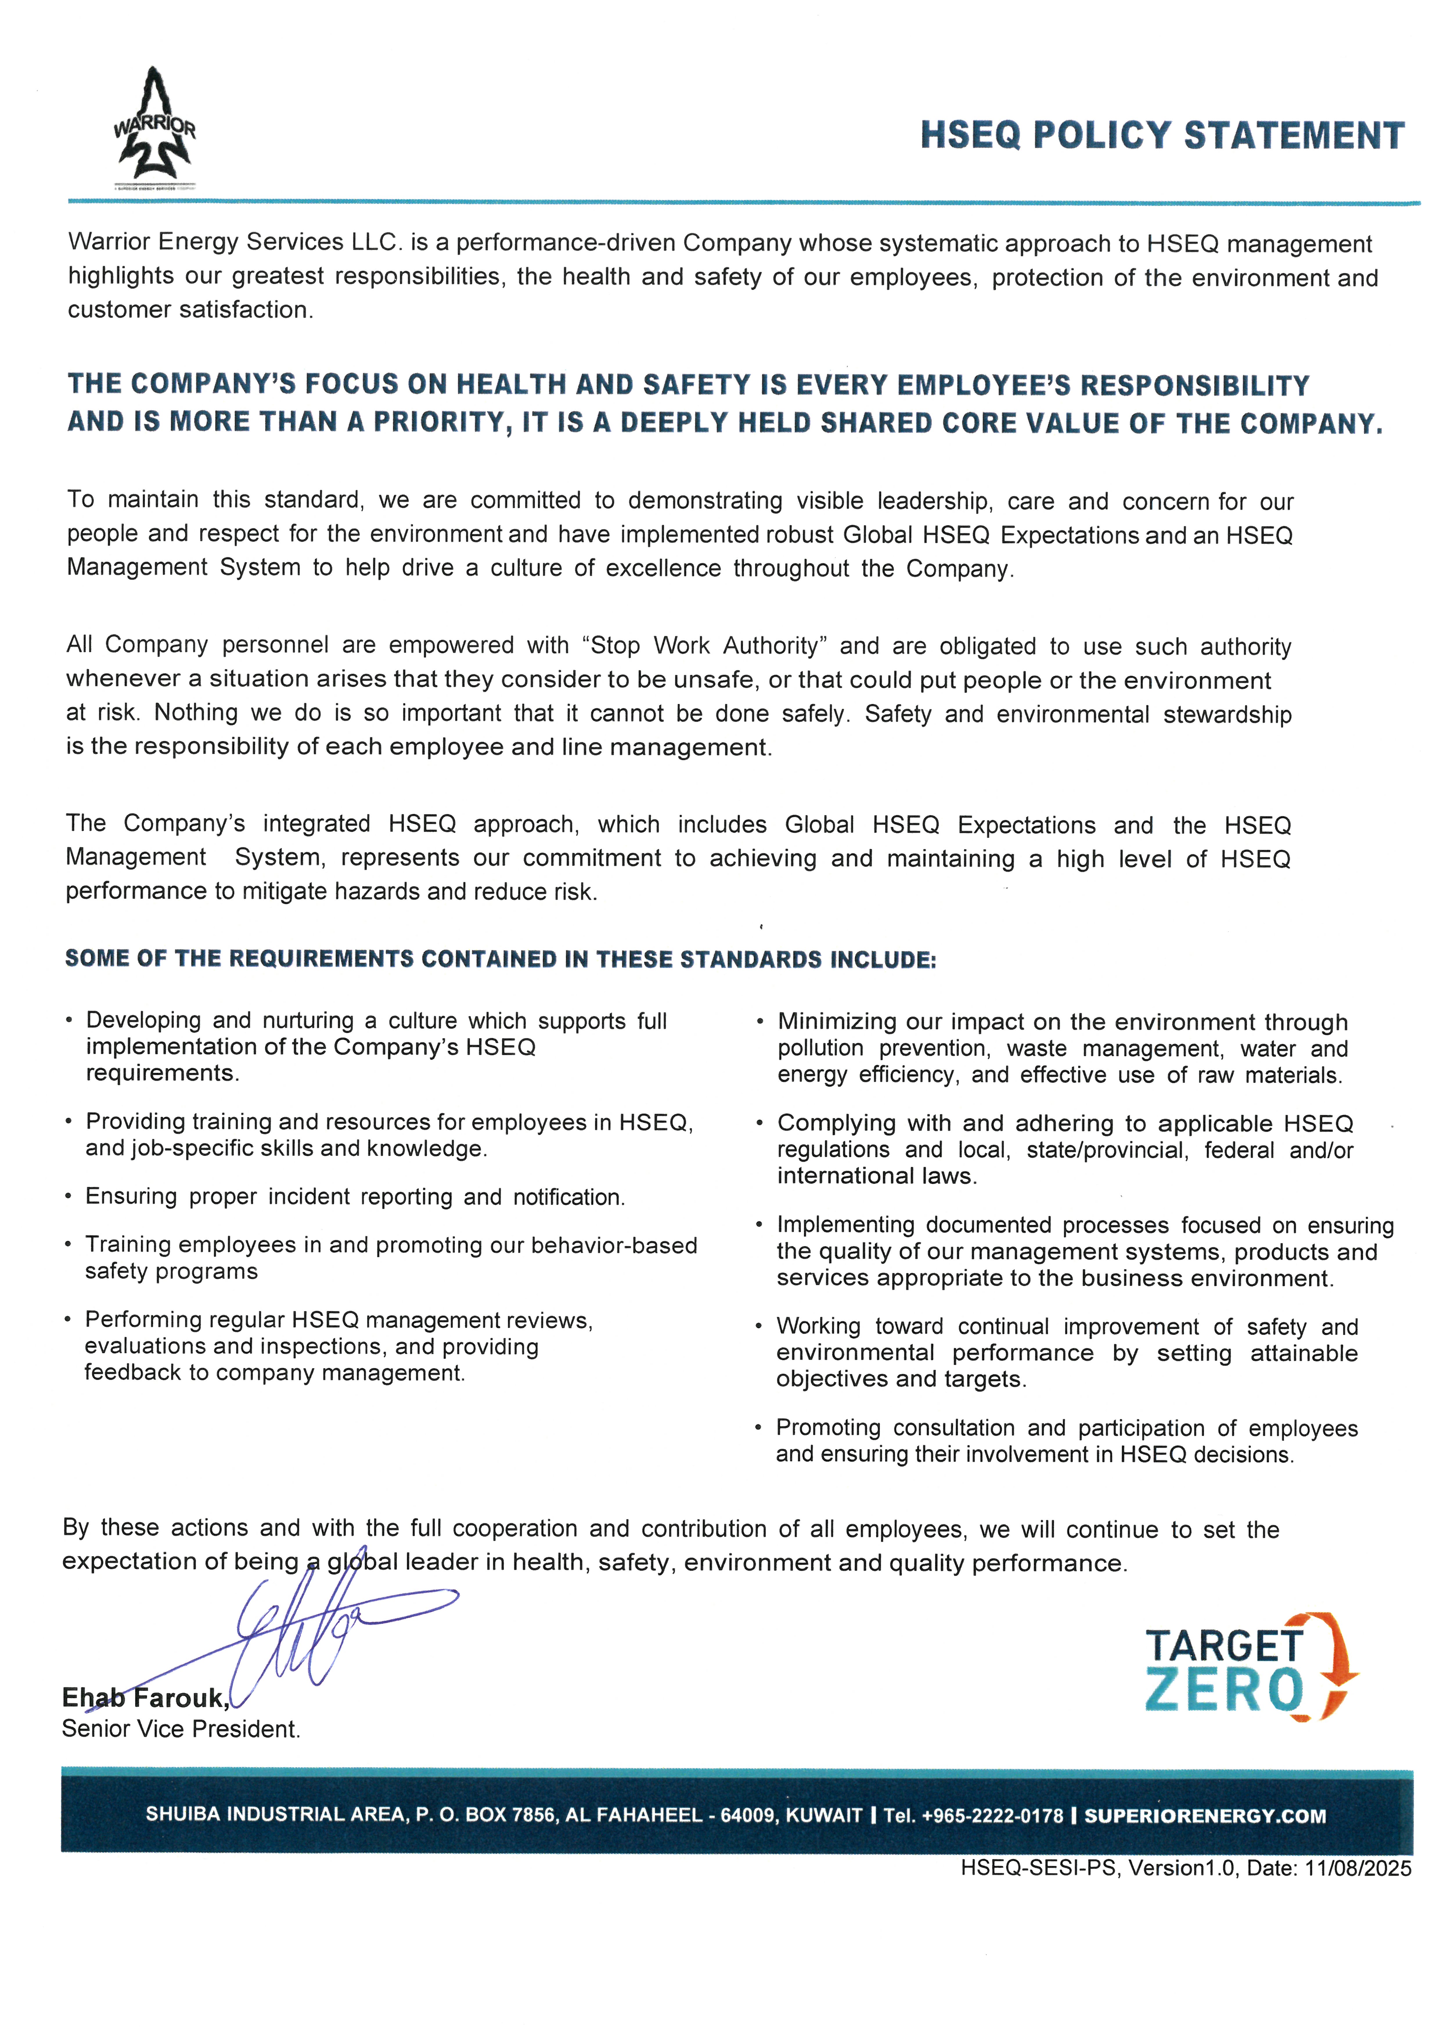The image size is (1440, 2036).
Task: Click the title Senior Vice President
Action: coord(181,1729)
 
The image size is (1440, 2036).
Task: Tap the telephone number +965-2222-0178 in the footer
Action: coord(992,1815)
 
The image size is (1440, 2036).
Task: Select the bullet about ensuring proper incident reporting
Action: coord(355,1197)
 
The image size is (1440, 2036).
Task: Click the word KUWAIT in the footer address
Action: coord(824,1815)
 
